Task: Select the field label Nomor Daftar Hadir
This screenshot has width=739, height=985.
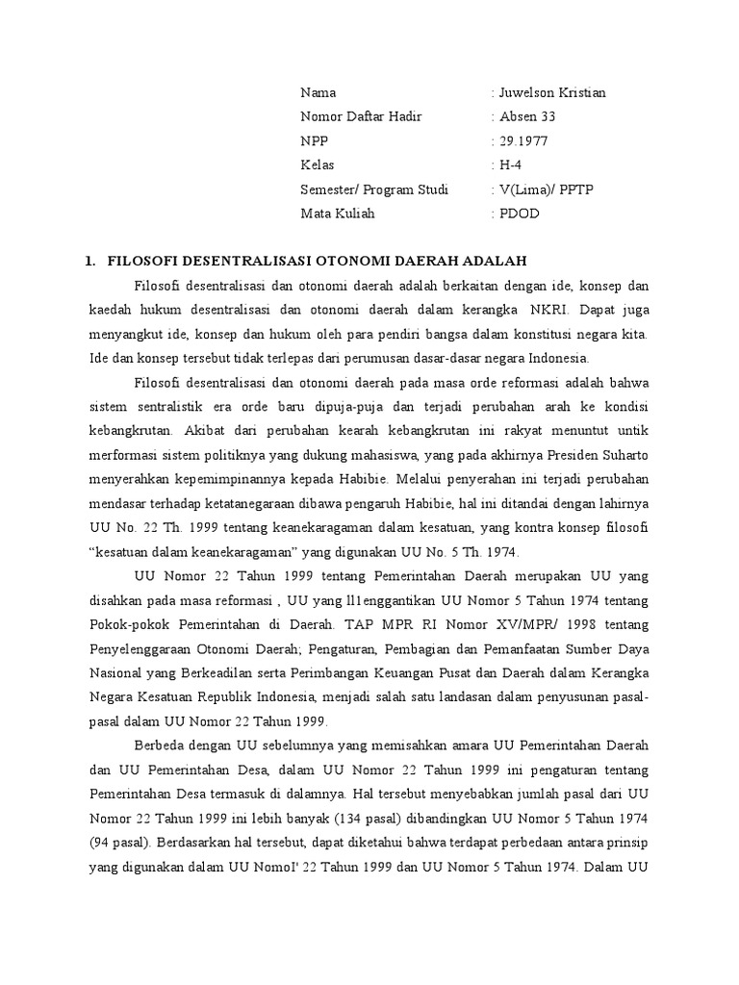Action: tap(361, 116)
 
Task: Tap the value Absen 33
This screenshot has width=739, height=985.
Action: tap(527, 116)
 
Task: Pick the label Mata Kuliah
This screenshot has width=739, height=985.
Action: tap(338, 213)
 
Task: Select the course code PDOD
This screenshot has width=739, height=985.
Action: tap(520, 213)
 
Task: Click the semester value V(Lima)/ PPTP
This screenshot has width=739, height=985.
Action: tap(547, 189)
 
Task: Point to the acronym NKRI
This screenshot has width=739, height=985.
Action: tap(546, 310)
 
